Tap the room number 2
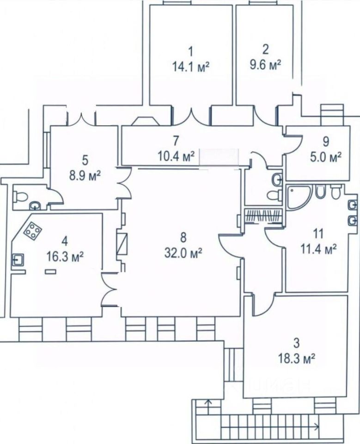tap(265, 50)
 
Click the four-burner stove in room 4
tap(32, 230)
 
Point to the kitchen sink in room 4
tap(18, 259)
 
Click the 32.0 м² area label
tap(183, 253)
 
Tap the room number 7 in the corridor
tap(176, 140)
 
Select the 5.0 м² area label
tap(325, 157)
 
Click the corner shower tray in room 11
tap(299, 197)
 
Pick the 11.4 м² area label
tap(318, 250)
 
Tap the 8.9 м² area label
tap(85, 176)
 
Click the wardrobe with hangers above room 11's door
tap(263, 216)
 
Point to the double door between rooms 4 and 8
tap(110, 290)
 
